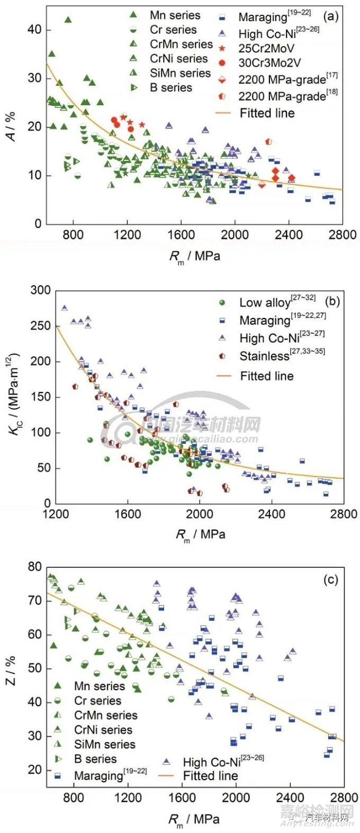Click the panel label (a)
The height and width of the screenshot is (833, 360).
[x=331, y=16]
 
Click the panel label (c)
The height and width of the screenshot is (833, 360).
[x=330, y=580]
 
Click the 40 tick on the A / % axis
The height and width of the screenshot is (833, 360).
[x=34, y=30]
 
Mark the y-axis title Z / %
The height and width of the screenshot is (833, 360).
[x=11, y=671]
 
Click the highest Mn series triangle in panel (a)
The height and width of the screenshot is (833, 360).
[x=68, y=20]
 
